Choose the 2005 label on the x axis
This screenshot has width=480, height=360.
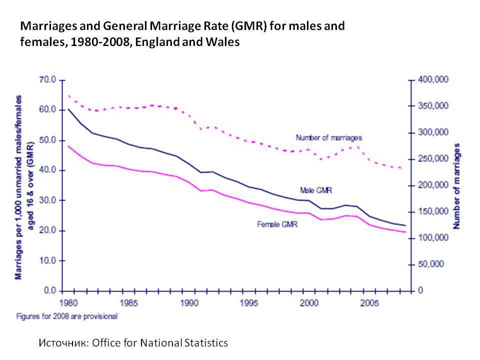(369, 303)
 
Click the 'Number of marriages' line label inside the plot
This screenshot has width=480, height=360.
(329, 137)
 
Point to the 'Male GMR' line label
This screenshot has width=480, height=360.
(316, 190)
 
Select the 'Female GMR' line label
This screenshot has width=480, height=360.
(277, 225)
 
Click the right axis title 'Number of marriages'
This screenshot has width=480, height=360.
(456, 186)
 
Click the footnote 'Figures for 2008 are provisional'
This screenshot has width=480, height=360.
(67, 316)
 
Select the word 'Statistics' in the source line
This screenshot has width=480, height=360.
(204, 343)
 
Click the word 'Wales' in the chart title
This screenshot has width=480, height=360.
(224, 42)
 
